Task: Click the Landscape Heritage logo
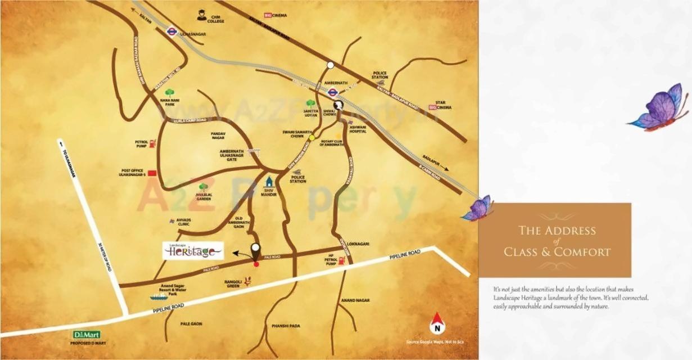point(193,250)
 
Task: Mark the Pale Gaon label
point(191,324)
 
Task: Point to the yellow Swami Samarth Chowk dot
point(311,137)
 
